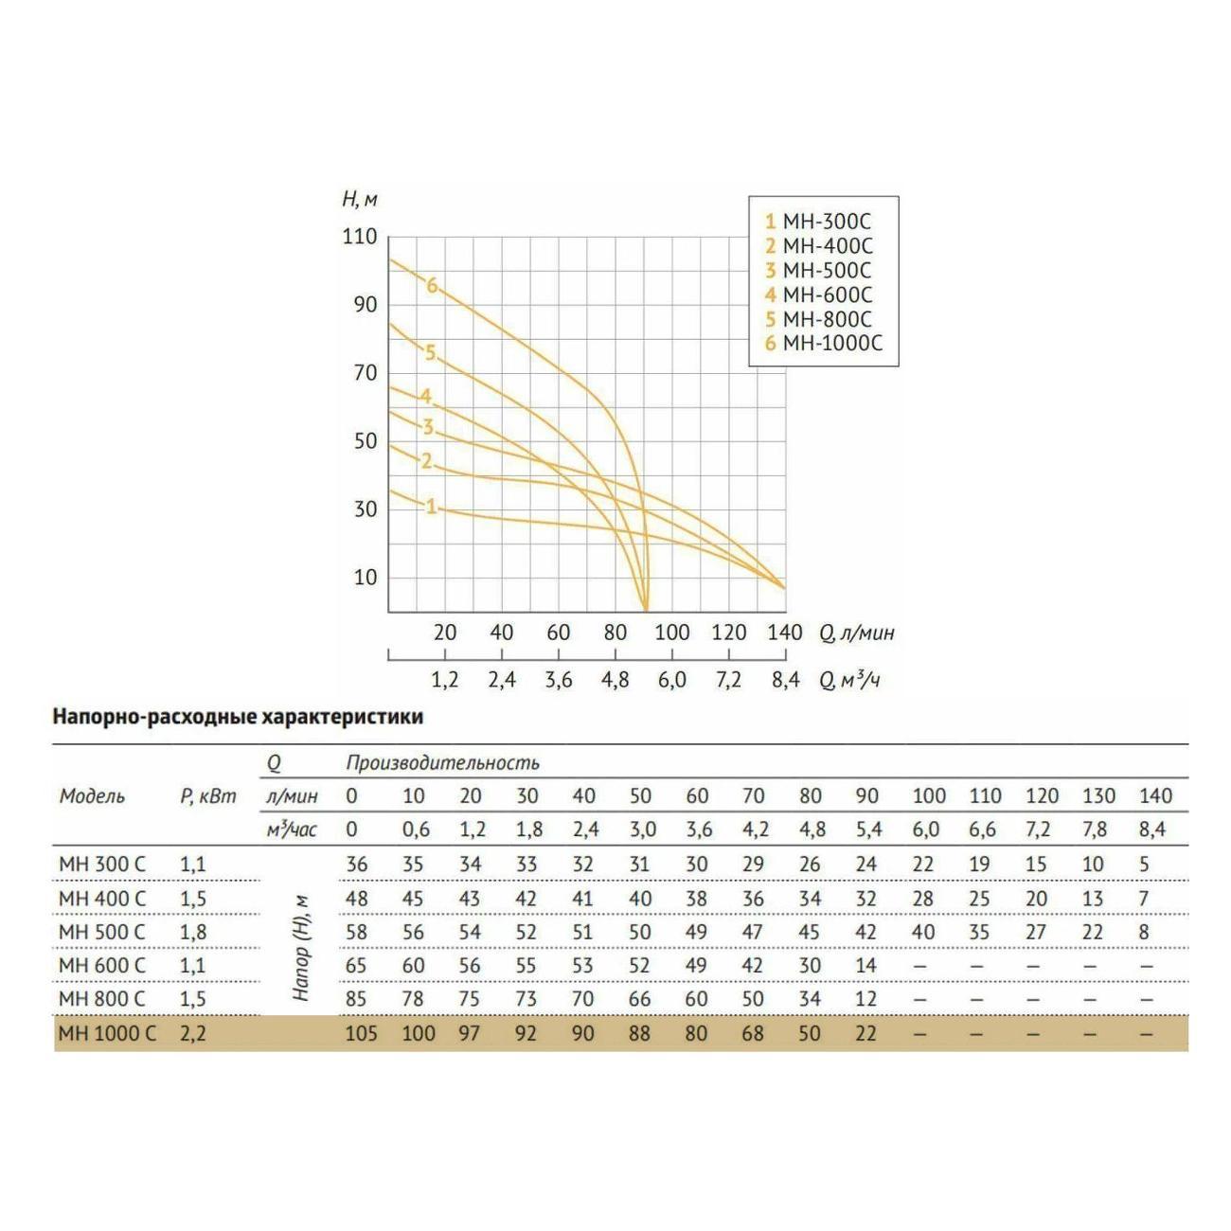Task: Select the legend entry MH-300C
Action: point(818,222)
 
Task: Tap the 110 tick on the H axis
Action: point(360,236)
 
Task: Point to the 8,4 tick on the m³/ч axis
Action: point(785,680)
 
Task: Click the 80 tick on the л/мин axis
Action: point(615,633)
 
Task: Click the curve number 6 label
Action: point(432,285)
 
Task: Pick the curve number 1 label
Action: point(431,507)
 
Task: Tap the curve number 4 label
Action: point(426,396)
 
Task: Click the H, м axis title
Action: point(360,199)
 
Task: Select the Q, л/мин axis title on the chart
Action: point(856,633)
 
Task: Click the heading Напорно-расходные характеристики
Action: point(238,717)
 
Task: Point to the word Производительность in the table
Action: point(442,762)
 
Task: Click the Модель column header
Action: point(92,795)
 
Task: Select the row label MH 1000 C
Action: point(107,1033)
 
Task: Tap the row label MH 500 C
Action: point(102,932)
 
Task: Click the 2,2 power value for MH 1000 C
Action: point(192,1033)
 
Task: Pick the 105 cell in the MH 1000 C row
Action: point(361,1033)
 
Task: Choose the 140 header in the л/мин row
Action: point(1155,795)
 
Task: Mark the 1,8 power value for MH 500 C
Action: point(192,932)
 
